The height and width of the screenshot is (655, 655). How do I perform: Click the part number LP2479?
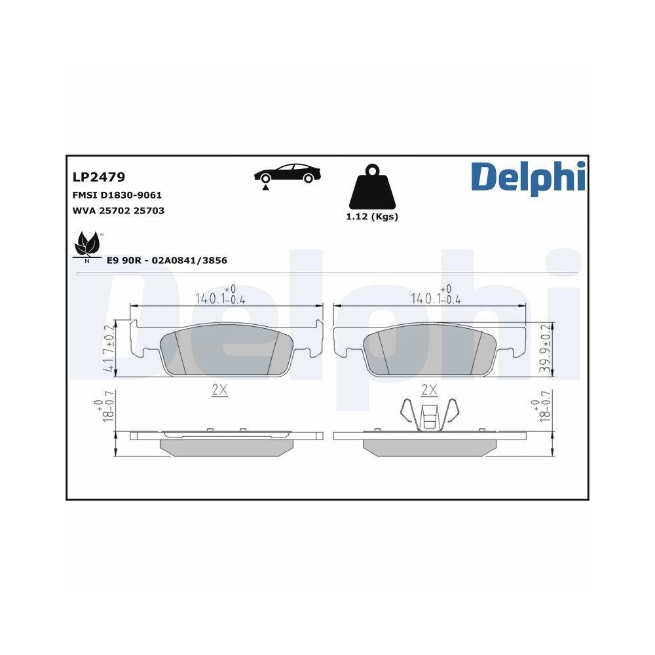click(x=98, y=177)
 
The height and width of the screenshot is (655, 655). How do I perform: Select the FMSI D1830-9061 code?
click(x=117, y=195)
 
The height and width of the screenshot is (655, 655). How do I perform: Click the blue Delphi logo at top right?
click(x=527, y=176)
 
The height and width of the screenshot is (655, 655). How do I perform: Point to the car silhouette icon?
click(x=288, y=174)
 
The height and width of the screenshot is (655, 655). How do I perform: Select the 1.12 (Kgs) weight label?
click(x=371, y=217)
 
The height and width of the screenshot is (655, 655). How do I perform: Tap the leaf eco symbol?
click(x=86, y=245)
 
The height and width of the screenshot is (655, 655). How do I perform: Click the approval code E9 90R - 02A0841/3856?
click(x=166, y=260)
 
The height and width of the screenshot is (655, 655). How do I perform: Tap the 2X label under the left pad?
click(x=219, y=390)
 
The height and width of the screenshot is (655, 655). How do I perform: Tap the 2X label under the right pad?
click(x=428, y=390)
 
